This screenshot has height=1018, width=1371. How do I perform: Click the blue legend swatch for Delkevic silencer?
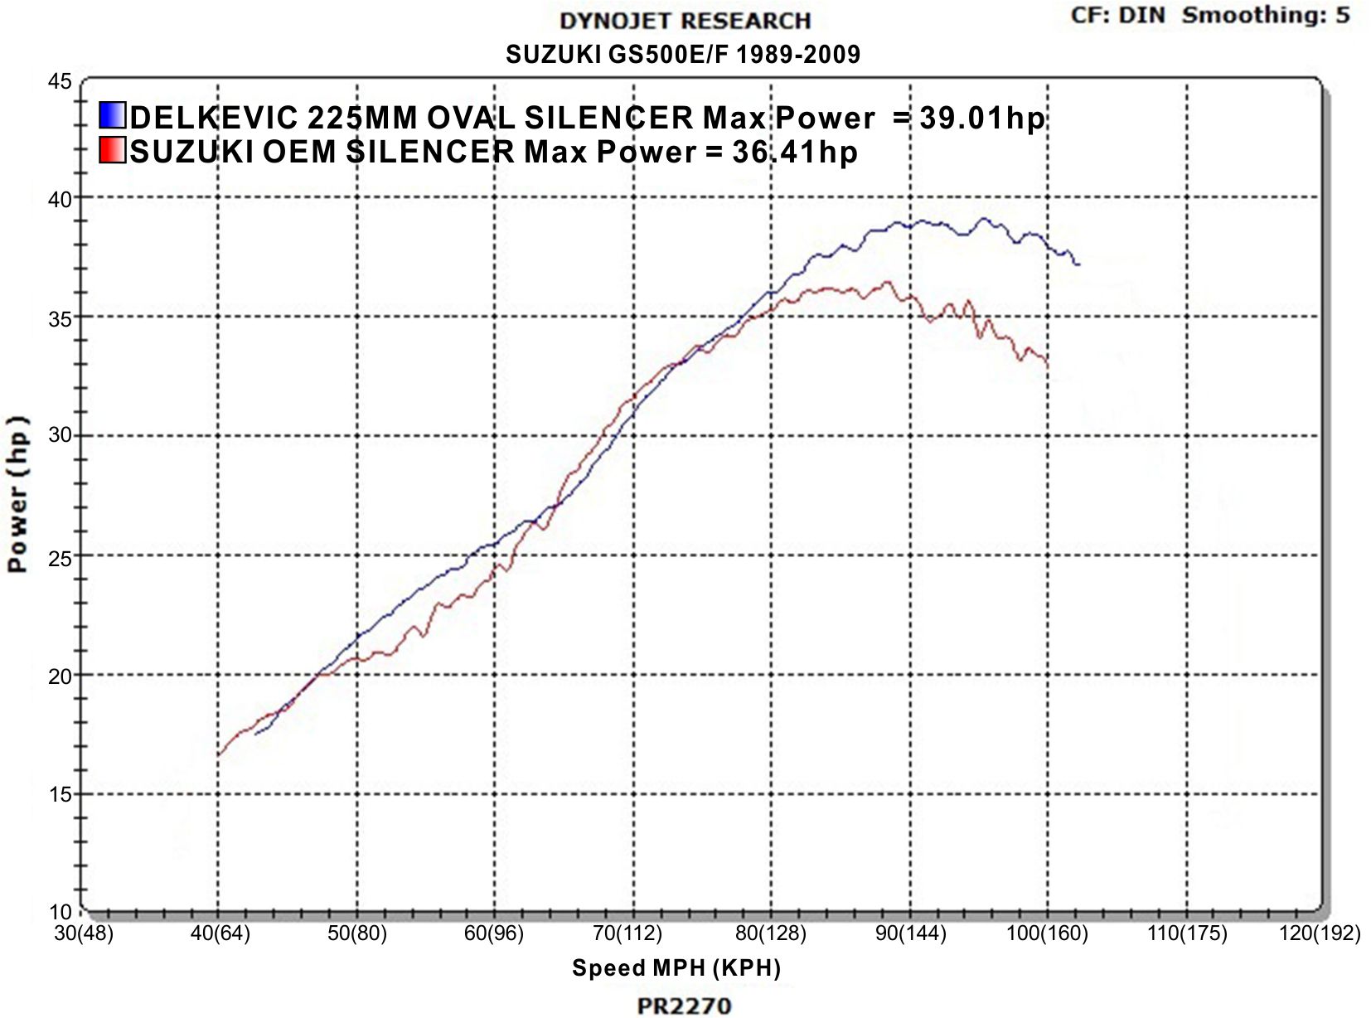click(112, 116)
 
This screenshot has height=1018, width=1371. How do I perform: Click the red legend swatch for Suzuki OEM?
click(112, 151)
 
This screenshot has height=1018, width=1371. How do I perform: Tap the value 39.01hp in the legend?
click(982, 119)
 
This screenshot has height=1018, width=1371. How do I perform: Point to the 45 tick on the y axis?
click(61, 81)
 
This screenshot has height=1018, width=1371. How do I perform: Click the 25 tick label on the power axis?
click(61, 557)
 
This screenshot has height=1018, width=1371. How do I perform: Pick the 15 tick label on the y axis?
click(61, 794)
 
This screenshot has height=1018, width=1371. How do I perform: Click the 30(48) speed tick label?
click(84, 933)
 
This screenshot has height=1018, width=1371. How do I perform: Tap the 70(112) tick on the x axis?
click(627, 933)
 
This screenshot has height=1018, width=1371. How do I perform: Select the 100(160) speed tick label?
click(1047, 933)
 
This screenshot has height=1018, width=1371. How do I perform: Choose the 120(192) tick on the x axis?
click(1320, 933)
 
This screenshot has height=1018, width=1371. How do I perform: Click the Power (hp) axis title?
click(18, 494)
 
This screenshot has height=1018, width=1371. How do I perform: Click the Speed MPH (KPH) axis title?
click(676, 968)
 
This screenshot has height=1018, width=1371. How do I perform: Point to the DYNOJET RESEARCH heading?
click(685, 22)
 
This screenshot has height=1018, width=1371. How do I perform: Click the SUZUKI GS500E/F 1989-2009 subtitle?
click(683, 55)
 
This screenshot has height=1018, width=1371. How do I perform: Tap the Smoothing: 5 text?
click(1266, 15)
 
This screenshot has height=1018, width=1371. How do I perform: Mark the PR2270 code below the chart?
click(684, 1006)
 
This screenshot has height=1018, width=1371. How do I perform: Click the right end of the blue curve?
click(1078, 264)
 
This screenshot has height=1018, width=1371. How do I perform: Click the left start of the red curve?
click(218, 755)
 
